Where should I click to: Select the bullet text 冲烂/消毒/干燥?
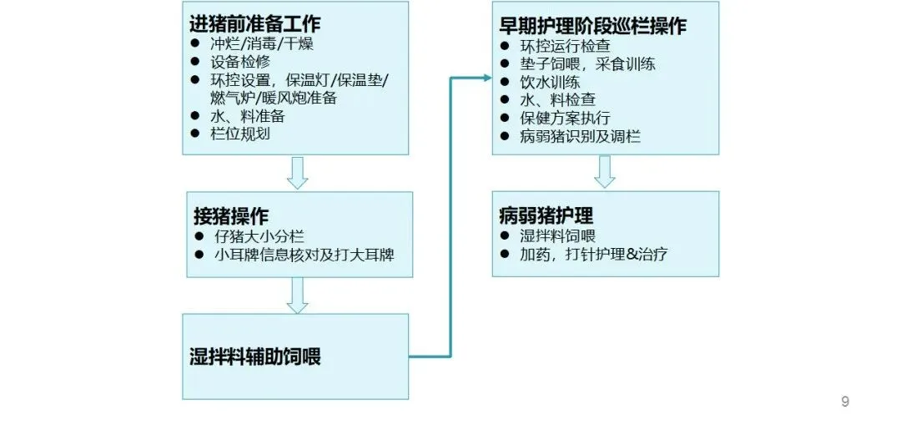coord(261,43)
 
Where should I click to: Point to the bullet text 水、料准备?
coord(249,116)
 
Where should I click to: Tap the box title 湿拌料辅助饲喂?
coord(254,357)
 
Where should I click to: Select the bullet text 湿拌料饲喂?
coord(557,236)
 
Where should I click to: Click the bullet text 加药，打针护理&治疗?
coord(593,254)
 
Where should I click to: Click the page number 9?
coord(844,402)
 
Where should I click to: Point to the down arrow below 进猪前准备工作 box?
coord(297,172)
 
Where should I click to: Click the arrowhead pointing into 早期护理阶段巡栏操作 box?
coord(486,78)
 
